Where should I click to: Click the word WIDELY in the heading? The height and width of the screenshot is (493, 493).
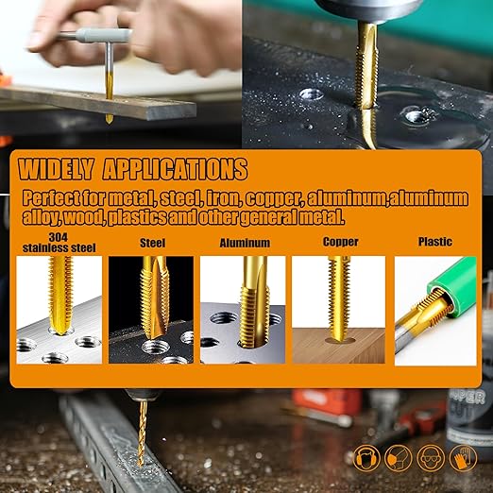56,169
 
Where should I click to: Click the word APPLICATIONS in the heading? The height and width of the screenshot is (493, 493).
176,169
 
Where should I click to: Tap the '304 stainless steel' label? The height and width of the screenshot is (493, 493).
59,243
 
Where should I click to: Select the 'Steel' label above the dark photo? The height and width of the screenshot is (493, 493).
152,243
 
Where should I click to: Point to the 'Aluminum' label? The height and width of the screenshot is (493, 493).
245,243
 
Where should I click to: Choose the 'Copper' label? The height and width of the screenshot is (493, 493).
341,242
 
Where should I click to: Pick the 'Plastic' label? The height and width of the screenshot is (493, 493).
435,242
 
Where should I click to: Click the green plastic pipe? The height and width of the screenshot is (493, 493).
452,285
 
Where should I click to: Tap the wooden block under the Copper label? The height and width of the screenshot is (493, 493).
339,345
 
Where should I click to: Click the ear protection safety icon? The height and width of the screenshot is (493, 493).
366,457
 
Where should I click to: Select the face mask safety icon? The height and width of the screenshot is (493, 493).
399,457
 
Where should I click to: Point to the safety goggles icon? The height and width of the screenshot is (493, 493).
431,457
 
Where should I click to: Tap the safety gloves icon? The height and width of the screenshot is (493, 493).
463,457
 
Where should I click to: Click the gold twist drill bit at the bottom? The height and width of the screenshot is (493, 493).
143,433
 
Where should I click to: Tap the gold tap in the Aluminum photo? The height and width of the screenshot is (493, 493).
253,302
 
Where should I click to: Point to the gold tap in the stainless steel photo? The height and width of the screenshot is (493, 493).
60,295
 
